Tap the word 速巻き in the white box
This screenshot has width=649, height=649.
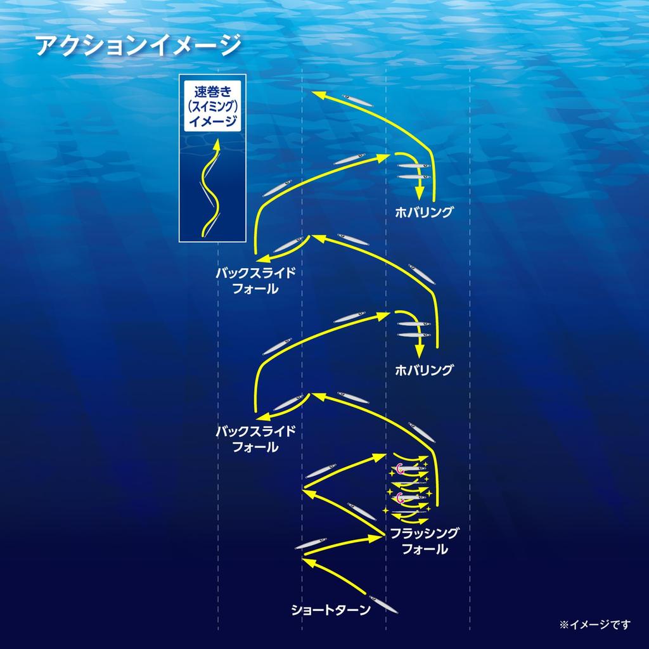pos(213,91)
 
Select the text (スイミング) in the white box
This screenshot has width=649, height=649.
pos(213,106)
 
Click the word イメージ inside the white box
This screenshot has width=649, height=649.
pos(213,121)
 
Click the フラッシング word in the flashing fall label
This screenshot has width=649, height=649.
pos(425,533)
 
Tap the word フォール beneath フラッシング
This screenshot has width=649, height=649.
pos(425,549)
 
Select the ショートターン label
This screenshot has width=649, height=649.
pos(331,610)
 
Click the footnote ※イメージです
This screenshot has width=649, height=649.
pos(594,624)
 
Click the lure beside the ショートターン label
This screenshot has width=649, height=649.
pos(383,604)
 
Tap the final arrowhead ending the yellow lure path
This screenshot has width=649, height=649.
pos(319,96)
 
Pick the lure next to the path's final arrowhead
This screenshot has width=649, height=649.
pos(357,100)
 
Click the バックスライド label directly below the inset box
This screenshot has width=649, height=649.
pos(256,273)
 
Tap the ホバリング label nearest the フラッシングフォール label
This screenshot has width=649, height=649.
pos(424,370)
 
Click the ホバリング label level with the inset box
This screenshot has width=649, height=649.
pos(424,212)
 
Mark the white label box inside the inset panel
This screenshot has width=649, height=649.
pos(213,106)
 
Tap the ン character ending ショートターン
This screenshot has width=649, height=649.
pos(364,610)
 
